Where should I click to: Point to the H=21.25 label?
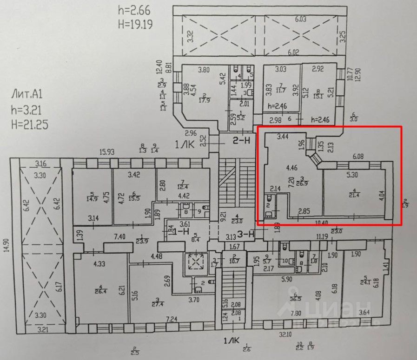pos(29,124)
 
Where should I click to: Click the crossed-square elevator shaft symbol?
pos(195,263)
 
